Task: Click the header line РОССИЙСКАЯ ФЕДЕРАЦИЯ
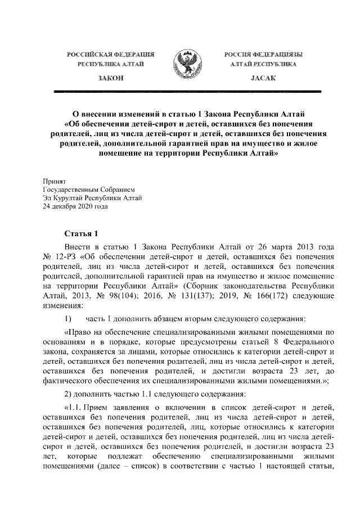(110, 55)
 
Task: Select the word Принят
(55, 181)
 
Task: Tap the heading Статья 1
(82, 233)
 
